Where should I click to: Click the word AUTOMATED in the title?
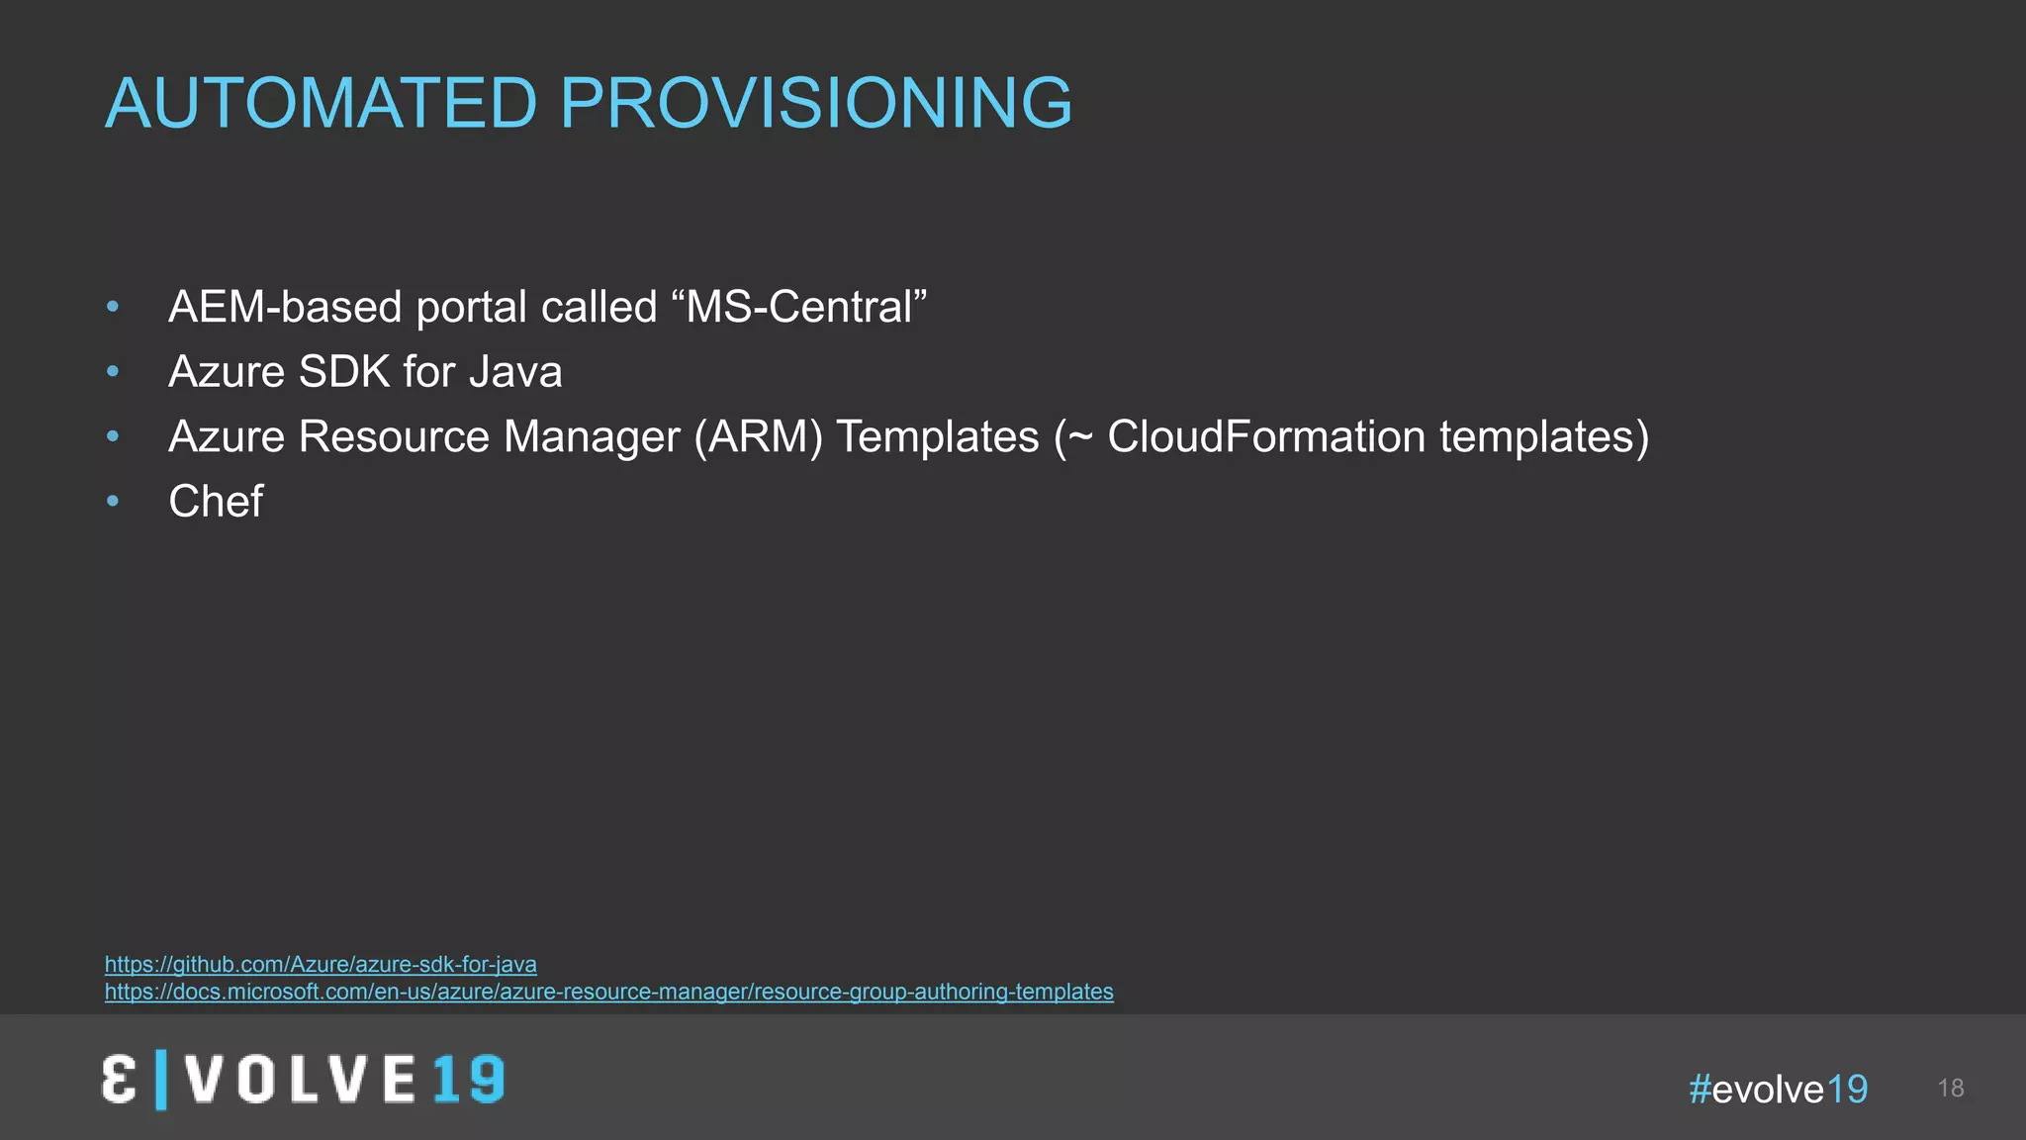point(321,103)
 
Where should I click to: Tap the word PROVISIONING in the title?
point(816,103)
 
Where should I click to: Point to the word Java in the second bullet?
point(515,372)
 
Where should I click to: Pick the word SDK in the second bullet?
point(344,372)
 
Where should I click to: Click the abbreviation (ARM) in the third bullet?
point(758,436)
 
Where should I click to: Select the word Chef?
point(216,502)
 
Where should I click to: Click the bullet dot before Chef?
point(113,502)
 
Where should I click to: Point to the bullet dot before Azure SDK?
point(113,372)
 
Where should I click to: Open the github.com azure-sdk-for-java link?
point(321,964)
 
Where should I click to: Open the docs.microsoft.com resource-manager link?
point(609,992)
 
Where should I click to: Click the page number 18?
point(1951,1089)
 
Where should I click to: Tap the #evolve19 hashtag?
point(1779,1090)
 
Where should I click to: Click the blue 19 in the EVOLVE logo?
point(469,1079)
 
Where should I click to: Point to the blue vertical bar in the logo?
point(161,1080)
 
